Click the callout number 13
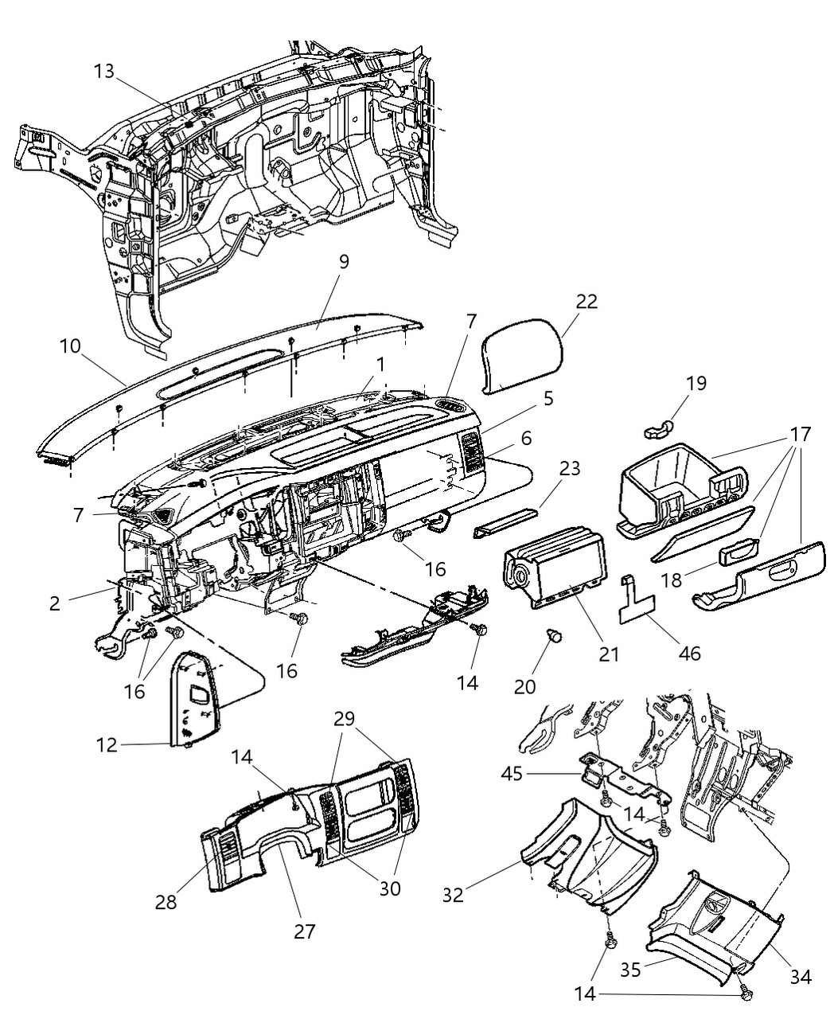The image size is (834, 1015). pyautogui.click(x=104, y=71)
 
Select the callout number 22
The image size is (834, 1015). pyautogui.click(x=587, y=302)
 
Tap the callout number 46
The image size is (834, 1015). pyautogui.click(x=688, y=654)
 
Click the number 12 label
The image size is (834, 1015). pyautogui.click(x=106, y=745)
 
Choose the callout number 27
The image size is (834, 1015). pyautogui.click(x=305, y=931)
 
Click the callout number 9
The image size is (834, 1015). pyautogui.click(x=343, y=261)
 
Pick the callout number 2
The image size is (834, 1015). pyautogui.click(x=54, y=603)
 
